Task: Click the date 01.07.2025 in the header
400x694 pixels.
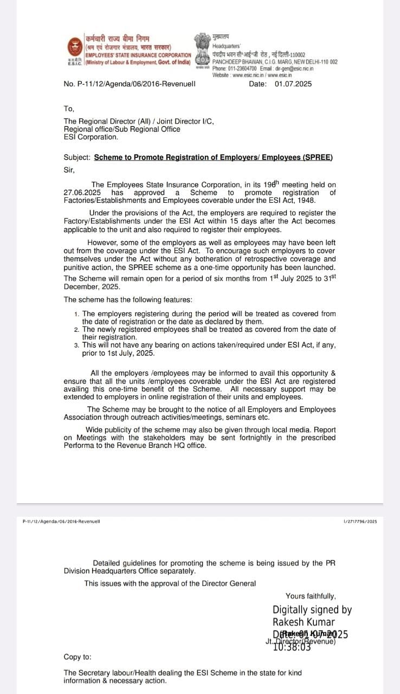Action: [293, 84]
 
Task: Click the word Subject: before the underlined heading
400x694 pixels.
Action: [78, 158]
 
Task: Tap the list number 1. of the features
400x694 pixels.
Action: [77, 314]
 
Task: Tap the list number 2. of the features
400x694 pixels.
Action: [77, 330]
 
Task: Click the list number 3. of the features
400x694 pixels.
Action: [77, 345]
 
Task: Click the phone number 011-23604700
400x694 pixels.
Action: [242, 69]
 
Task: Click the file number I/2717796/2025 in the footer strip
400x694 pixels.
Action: [360, 522]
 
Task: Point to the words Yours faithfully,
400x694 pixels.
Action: [311, 596]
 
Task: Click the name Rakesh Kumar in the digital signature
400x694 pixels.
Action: [304, 622]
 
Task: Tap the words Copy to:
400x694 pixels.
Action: [78, 657]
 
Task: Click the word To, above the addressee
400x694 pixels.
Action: [69, 108]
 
